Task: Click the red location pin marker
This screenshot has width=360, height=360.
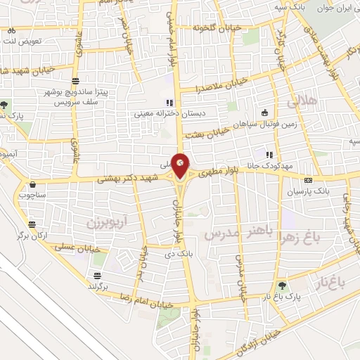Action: pyautogui.click(x=181, y=165)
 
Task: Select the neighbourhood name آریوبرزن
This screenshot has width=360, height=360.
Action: pyautogui.click(x=105, y=222)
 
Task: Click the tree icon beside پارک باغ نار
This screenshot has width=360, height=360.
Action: pyautogui.click(x=282, y=286)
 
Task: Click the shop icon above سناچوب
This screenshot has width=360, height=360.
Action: pyautogui.click(x=32, y=186)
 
